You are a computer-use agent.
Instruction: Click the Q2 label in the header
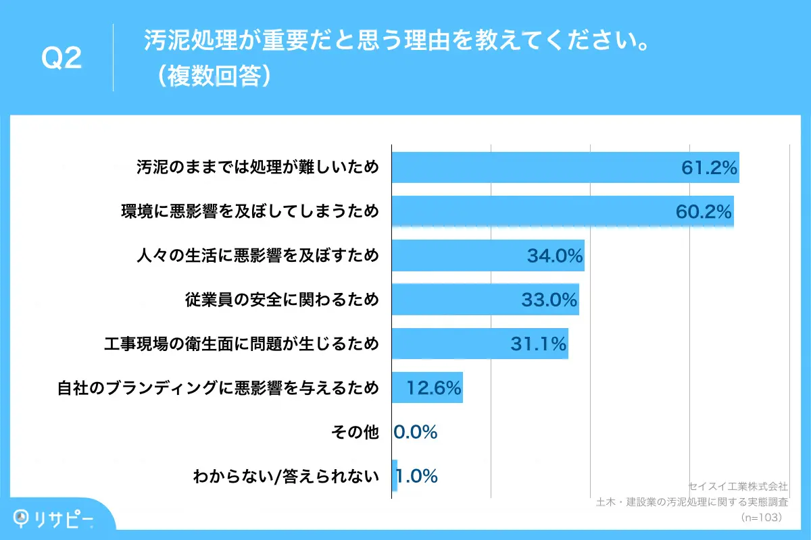click(x=62, y=58)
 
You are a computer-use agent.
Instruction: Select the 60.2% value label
click(x=704, y=212)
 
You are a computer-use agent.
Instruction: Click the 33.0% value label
click(x=549, y=300)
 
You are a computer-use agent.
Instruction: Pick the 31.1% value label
click(x=538, y=344)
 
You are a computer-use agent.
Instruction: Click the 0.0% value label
click(x=416, y=432)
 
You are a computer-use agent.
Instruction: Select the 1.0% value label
click(x=417, y=476)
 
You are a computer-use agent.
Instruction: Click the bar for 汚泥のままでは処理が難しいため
click(x=541, y=168)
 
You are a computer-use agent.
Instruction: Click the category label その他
click(x=357, y=432)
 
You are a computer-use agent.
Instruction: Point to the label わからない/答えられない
click(x=286, y=477)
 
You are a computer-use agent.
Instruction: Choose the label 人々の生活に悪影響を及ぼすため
click(x=257, y=256)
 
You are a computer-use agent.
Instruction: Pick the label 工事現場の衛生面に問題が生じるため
click(x=241, y=344)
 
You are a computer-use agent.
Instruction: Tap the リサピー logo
click(x=54, y=518)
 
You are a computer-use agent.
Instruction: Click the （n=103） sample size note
click(x=761, y=518)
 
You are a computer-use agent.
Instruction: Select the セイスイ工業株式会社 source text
click(x=737, y=486)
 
